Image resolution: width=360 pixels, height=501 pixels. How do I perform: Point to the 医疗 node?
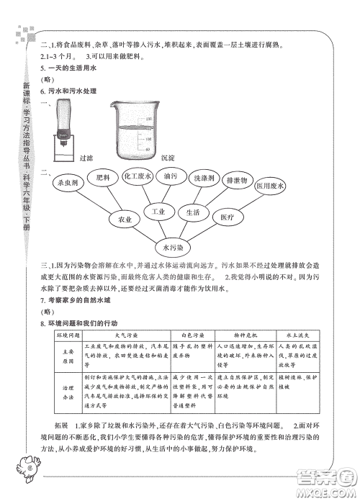pos(228,217)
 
